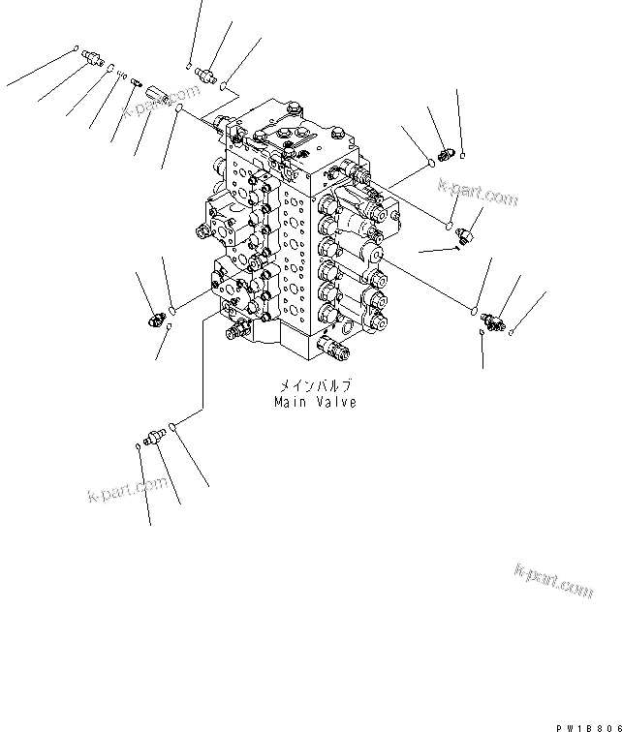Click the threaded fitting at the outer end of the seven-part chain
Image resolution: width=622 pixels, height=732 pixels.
coord(93,57)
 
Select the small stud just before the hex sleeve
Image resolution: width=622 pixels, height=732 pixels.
coord(138,84)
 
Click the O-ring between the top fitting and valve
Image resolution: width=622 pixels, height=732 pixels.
coord(225,86)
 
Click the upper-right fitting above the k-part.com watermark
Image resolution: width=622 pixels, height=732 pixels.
coord(445,152)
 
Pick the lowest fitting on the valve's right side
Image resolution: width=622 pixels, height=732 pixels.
coord(491,319)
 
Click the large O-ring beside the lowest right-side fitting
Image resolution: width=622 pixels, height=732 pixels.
coord(474,310)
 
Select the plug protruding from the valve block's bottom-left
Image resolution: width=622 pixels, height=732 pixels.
coord(233,334)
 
